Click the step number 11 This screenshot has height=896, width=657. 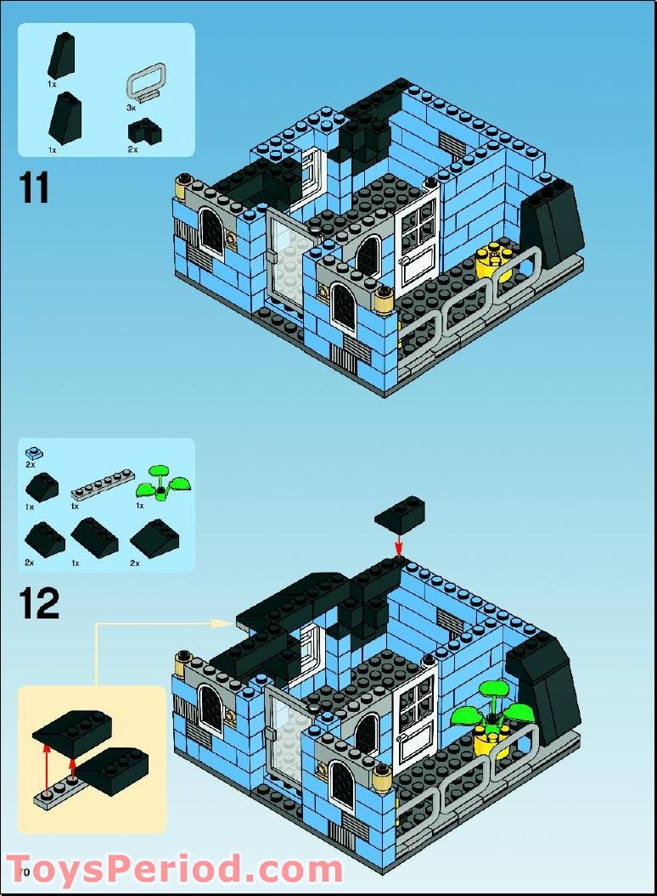click(x=35, y=188)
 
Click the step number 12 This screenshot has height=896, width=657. click(x=39, y=603)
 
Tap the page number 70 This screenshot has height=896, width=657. click(x=23, y=872)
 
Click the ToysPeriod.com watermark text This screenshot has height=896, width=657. click(x=175, y=871)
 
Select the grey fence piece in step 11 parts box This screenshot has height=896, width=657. click(x=145, y=83)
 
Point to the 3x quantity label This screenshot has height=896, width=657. click(x=131, y=109)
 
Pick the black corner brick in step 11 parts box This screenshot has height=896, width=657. click(x=144, y=132)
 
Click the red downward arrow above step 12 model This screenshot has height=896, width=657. click(x=399, y=543)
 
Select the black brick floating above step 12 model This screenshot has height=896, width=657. click(x=399, y=514)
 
